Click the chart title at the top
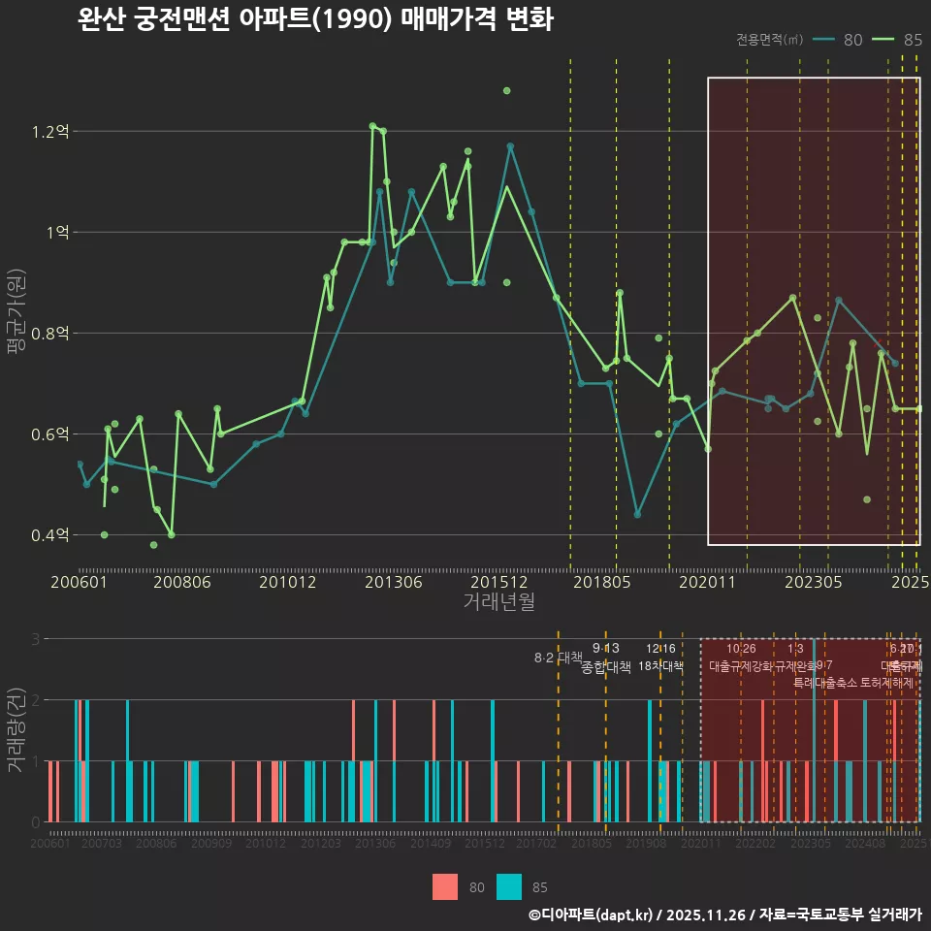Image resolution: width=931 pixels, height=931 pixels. pyautogui.click(x=315, y=19)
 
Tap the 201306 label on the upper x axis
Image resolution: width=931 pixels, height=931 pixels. pyautogui.click(x=393, y=583)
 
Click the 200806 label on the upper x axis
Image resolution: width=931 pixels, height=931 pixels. pyautogui.click(x=183, y=583)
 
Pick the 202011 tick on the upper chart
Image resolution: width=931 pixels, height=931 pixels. pyautogui.click(x=708, y=583)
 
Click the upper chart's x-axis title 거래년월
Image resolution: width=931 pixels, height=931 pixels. pyautogui.click(x=498, y=602)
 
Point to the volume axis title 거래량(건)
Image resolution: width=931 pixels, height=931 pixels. pyautogui.click(x=16, y=730)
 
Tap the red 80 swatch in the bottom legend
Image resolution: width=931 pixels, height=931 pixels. pyautogui.click(x=445, y=886)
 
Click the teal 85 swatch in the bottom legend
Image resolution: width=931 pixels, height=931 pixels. pyautogui.click(x=509, y=886)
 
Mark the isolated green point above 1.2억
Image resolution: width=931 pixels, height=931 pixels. pyautogui.click(x=506, y=90)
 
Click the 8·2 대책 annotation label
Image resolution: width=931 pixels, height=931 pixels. pyautogui.click(x=558, y=658)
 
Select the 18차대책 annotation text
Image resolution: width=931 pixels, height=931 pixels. pyautogui.click(x=661, y=666)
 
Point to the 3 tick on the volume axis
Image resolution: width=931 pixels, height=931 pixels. pyautogui.click(x=35, y=639)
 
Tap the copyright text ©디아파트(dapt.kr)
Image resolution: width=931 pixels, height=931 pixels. pyautogui.click(x=593, y=915)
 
